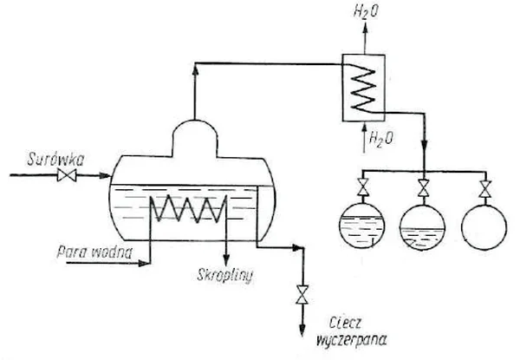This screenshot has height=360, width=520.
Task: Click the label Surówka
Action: click(55, 160)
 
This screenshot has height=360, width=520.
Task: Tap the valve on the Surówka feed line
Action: click(67, 175)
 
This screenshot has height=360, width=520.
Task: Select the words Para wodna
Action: click(94, 252)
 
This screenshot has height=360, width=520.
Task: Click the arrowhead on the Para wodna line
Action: click(144, 264)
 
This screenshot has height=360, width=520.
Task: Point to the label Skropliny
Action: click(225, 275)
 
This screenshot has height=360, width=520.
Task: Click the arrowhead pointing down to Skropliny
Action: click(226, 260)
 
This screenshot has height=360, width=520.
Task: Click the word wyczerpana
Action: click(352, 340)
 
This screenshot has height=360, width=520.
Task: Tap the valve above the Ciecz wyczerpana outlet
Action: click(302, 294)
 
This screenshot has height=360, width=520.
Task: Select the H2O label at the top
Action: click(366, 12)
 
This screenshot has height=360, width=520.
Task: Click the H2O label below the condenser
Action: click(381, 138)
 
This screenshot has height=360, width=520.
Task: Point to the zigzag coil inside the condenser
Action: click(363, 88)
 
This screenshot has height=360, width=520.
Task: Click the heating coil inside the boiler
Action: click(188, 208)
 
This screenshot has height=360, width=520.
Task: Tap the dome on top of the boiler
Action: click(195, 138)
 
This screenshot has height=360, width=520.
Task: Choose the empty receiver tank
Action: click(484, 227)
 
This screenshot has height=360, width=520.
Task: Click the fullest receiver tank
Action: click(362, 226)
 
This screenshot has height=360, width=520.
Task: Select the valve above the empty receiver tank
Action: click(485, 189)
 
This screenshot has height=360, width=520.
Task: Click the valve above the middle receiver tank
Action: click(423, 188)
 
